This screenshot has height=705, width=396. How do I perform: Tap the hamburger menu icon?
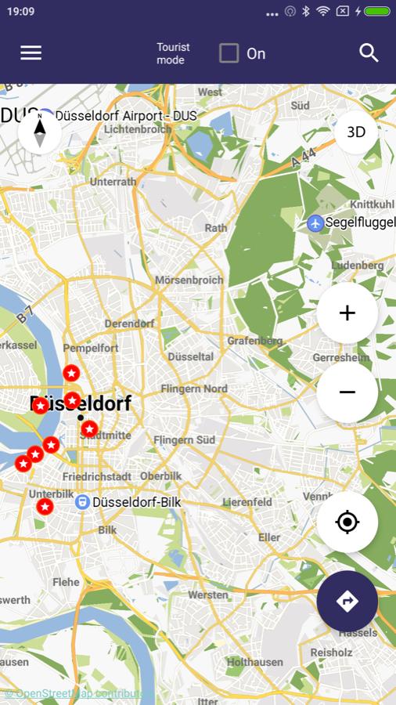coord(31,52)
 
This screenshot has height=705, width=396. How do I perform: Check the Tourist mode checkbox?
coord(229,53)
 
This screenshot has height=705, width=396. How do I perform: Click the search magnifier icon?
coord(369,52)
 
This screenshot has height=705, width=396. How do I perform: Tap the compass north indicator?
coord(39,130)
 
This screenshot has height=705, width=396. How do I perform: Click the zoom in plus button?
coord(347,313)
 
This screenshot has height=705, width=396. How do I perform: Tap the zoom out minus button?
coord(347,392)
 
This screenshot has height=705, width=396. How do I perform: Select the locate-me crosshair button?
coord(347,522)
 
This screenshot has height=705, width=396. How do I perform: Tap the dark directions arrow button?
coord(347,601)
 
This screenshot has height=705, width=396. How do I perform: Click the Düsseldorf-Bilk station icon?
coord(82,502)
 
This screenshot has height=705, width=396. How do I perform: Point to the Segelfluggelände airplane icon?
coord(315,222)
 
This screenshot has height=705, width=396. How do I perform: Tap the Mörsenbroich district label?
coord(189,280)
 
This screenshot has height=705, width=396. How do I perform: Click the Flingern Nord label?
coord(194,389)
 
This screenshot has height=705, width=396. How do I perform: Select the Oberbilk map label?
coord(161,475)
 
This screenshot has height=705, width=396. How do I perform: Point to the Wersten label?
coord(207,595)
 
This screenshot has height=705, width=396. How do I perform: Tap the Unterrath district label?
coord(113,181)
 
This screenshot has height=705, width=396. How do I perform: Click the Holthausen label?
coord(254,662)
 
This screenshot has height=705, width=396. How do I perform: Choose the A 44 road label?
coord(303,157)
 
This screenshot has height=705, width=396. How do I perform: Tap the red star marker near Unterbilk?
coord(45,507)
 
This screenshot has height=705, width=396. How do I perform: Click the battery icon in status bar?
coord(377,12)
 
